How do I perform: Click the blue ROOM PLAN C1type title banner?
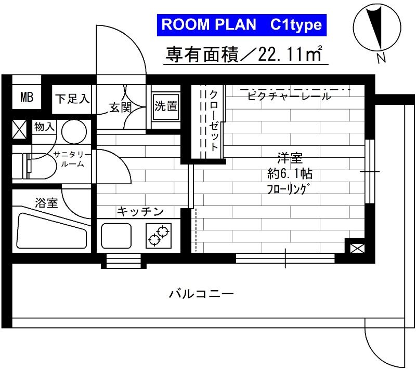242,25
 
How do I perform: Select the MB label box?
27,97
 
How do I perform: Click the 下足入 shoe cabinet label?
73,98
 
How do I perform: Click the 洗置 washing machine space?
166,106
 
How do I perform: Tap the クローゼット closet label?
214,121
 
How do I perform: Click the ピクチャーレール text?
289,97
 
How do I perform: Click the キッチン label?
140,211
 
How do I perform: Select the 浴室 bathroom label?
46,203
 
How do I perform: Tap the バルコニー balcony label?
201,294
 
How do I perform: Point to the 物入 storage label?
43,126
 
